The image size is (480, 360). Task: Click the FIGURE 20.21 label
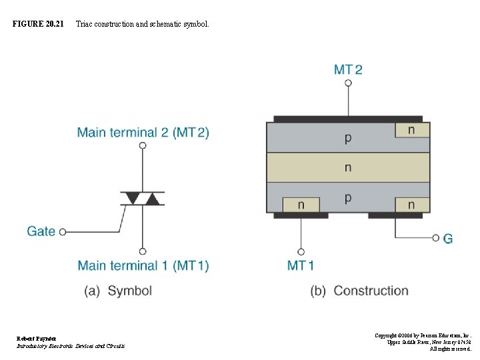tap(38, 24)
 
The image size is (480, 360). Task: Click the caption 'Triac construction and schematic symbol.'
tap(142, 24)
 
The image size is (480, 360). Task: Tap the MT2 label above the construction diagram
tap(348, 69)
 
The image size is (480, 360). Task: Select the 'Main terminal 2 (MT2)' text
tap(143, 132)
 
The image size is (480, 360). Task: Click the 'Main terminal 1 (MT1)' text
tap(143, 265)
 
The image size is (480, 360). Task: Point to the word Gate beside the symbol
tap(41, 231)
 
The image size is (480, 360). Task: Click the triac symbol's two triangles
tap(142, 198)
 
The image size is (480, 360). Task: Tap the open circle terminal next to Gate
tap(63, 232)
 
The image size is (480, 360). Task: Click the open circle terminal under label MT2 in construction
tap(348, 83)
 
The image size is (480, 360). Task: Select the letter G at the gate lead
tap(448, 238)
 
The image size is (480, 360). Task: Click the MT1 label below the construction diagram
tap(301, 265)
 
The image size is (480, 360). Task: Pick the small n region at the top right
tap(411, 129)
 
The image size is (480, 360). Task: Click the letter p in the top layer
tap(348, 138)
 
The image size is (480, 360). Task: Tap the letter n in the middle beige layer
tap(348, 167)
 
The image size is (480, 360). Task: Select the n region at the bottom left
tap(301, 205)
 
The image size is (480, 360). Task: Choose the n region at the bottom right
tap(411, 205)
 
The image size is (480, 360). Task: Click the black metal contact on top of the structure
tap(348, 119)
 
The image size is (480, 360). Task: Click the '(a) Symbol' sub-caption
tap(118, 291)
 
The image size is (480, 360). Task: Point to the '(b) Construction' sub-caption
tap(359, 291)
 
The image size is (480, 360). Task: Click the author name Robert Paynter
tap(37, 339)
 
